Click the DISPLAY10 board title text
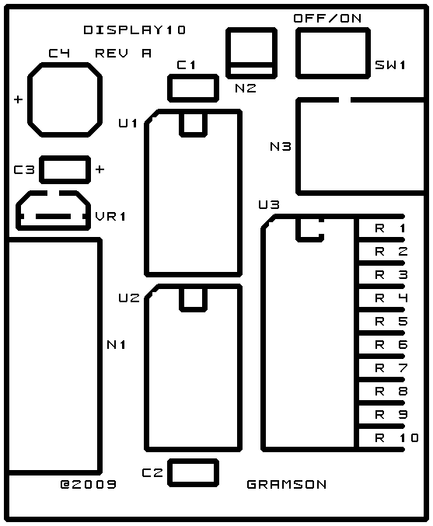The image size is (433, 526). (x=134, y=30)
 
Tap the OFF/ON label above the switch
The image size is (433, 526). (x=327, y=18)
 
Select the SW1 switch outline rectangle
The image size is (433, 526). (x=333, y=30)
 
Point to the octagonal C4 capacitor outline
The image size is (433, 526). (x=65, y=64)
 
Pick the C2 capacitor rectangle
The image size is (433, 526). (x=193, y=461)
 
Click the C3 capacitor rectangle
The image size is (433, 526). (x=65, y=158)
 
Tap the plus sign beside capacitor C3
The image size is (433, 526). (x=100, y=169)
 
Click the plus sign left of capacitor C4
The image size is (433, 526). (x=18, y=99)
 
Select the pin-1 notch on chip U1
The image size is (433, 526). (x=193, y=135)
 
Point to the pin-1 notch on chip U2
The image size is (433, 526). (x=193, y=310)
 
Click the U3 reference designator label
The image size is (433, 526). (x=269, y=204)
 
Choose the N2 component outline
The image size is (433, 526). (x=252, y=30)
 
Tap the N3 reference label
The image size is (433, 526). (x=281, y=147)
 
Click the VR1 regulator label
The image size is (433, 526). (x=110, y=216)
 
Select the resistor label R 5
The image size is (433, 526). (x=391, y=322)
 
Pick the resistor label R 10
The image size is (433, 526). (x=396, y=437)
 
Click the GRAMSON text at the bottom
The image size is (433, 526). (x=286, y=484)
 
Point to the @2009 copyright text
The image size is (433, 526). (x=89, y=484)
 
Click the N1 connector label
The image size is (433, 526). (x=117, y=344)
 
